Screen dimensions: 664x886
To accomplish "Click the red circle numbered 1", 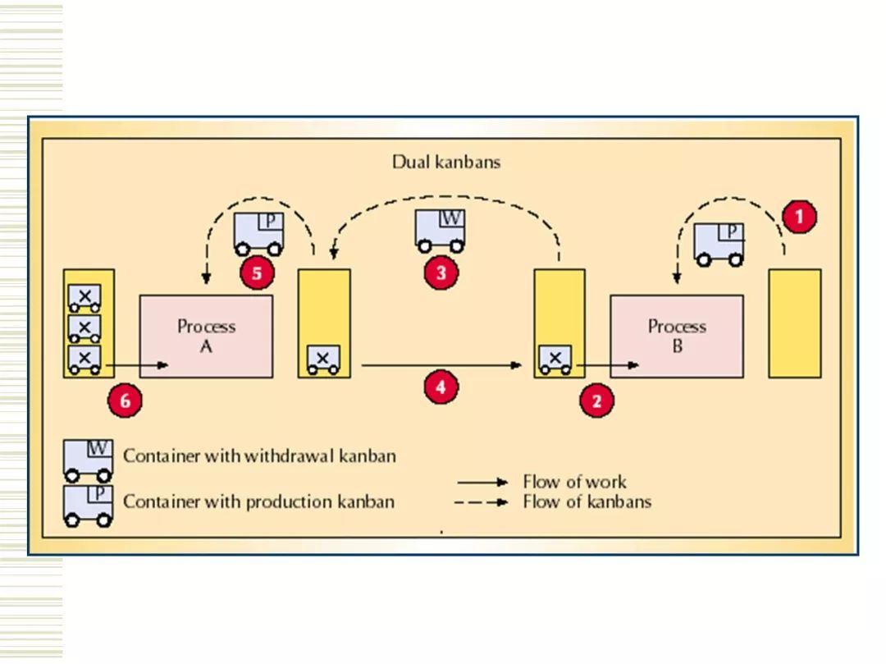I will click(799, 218).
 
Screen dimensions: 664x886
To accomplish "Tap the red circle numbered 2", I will click(596, 401).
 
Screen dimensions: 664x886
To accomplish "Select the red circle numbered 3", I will click(441, 273).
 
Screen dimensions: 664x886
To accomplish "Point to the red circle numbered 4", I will click(441, 387).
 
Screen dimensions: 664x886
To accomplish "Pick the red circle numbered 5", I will click(257, 273).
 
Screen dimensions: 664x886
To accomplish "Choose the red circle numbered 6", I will click(125, 401).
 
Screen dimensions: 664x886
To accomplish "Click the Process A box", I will click(207, 337).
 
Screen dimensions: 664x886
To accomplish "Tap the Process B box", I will click(677, 337).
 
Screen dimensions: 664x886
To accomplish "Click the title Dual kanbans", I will click(446, 162).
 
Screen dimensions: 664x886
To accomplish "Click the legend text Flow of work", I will click(574, 482).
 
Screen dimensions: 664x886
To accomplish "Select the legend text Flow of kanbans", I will click(587, 501).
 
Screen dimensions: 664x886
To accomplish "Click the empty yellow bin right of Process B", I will click(794, 323).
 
